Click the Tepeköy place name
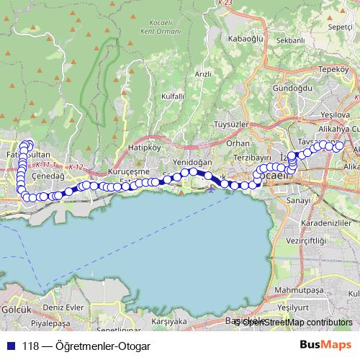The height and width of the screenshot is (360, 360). [x=333, y=69]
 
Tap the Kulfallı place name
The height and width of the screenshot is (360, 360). [x=173, y=96]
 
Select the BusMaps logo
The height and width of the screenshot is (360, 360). [x=325, y=345]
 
